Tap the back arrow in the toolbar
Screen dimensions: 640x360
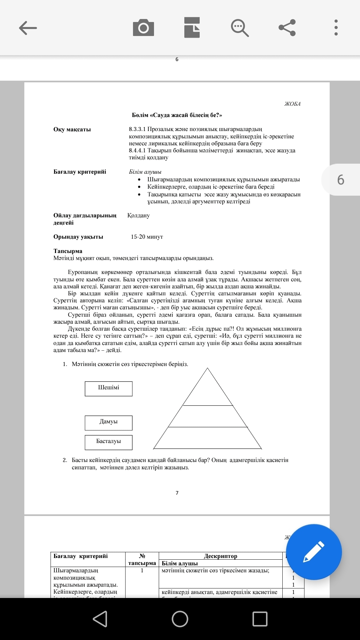point(28,28)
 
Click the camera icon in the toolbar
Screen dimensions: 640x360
point(143,28)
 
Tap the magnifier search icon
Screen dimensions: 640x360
point(240,28)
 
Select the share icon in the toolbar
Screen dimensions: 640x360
point(287,28)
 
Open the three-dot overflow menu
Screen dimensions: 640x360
point(336,28)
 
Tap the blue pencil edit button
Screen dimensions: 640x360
point(314,552)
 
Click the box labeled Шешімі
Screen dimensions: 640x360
point(109,389)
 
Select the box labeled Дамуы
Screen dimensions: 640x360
point(109,423)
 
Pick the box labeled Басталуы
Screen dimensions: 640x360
point(109,442)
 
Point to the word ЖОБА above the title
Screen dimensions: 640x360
point(292,104)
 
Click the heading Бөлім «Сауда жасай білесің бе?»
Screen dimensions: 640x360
point(177,115)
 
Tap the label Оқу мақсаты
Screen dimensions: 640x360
point(72,130)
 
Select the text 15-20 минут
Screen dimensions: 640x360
point(147,237)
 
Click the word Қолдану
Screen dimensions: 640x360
point(138,216)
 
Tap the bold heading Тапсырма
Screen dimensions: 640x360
point(68,251)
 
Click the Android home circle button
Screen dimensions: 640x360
point(180,619)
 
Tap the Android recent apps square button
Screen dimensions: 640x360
point(260,619)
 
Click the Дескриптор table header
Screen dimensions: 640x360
point(220,556)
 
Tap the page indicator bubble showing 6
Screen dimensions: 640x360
point(341,180)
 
